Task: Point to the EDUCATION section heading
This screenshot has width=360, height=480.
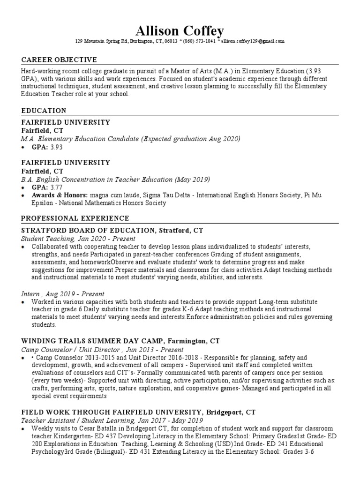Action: coord(44,111)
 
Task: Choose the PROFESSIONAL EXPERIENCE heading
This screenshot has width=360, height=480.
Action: coord(75,218)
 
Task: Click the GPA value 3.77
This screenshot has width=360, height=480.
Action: coord(56,187)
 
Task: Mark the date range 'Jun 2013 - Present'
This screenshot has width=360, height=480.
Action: coord(154,350)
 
